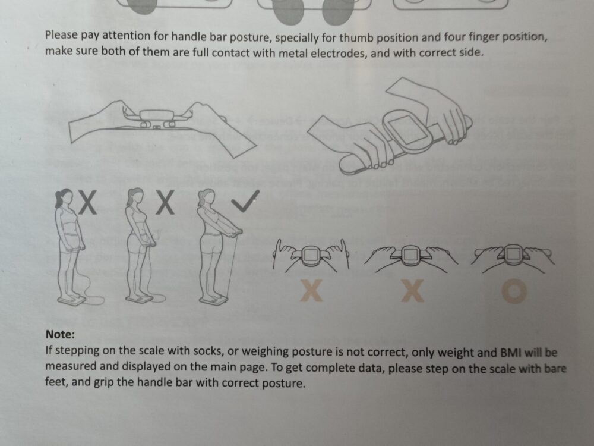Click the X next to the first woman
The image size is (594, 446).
88,203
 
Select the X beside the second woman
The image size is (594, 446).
166,203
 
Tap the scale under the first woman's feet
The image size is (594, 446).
72,299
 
